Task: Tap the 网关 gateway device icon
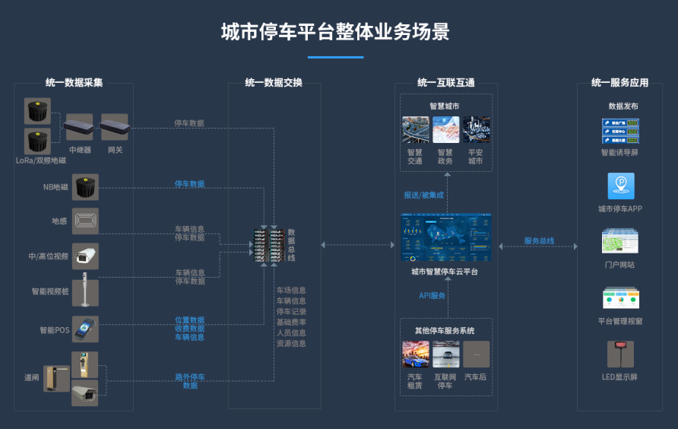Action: pos(115,127)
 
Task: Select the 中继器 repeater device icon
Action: pos(79,127)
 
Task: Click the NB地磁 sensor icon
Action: pos(85,186)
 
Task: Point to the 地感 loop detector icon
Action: pos(85,221)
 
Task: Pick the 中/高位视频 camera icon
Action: pos(85,256)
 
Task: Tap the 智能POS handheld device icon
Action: pos(85,329)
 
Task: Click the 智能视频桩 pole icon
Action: pos(85,291)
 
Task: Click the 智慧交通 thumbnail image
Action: pos(415,130)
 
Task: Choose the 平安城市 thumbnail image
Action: pos(476,130)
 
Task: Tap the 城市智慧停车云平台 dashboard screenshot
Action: pos(446,237)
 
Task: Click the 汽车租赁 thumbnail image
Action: pos(415,354)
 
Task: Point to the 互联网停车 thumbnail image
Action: pos(446,354)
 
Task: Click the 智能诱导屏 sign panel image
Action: pos(620,131)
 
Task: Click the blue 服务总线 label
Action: pos(539,241)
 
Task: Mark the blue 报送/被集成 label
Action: pos(424,195)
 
